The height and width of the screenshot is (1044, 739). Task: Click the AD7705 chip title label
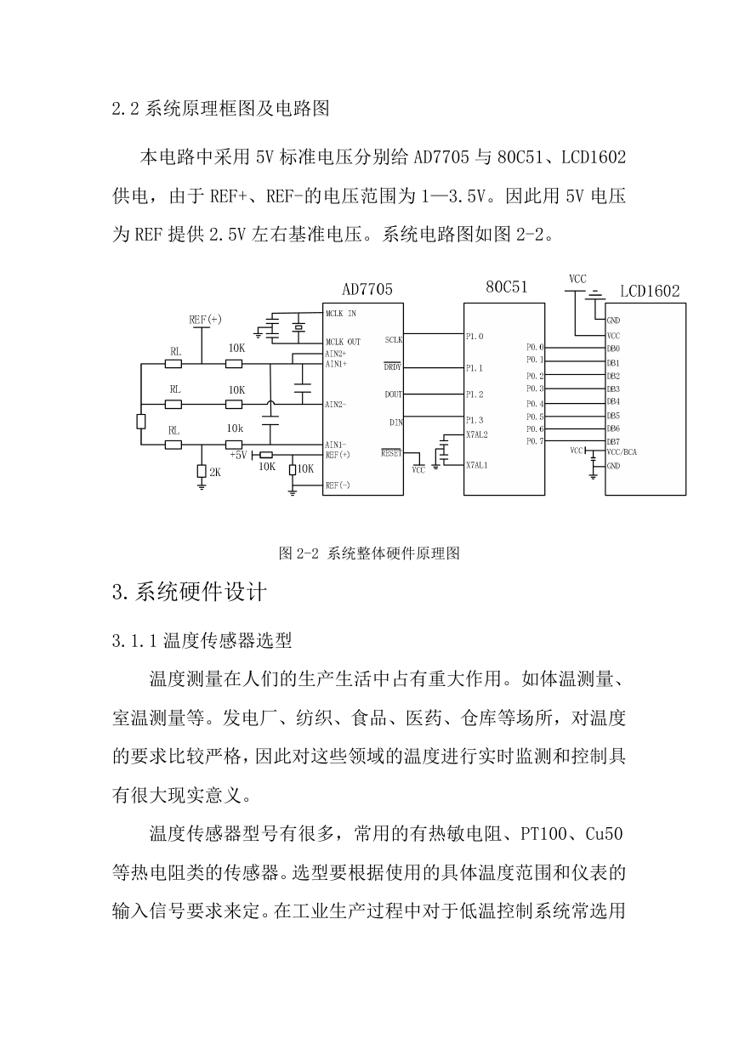(x=367, y=289)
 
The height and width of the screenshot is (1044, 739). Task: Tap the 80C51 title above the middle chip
(x=506, y=287)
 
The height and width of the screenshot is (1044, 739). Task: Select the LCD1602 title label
(x=650, y=292)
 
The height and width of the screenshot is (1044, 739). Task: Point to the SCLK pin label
(x=394, y=340)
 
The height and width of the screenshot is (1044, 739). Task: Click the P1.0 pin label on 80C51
(x=475, y=337)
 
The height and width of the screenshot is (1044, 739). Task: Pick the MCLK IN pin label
(x=341, y=314)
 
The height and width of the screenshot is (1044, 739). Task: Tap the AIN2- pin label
(x=336, y=404)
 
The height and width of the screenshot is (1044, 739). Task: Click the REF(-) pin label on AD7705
(x=338, y=485)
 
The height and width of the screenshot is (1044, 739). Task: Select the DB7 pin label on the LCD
(x=613, y=441)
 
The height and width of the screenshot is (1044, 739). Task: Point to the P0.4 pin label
(x=535, y=404)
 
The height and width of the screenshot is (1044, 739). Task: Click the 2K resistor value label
(x=215, y=473)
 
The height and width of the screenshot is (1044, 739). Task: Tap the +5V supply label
(x=238, y=455)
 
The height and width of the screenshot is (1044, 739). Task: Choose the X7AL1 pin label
(x=476, y=465)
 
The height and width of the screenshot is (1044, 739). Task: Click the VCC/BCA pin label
(x=622, y=452)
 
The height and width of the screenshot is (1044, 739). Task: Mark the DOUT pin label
(x=394, y=394)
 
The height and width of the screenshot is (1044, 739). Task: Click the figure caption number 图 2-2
(x=298, y=553)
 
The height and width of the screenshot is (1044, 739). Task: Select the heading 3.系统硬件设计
(x=190, y=592)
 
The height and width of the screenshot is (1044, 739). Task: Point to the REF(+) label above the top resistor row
(x=205, y=320)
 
